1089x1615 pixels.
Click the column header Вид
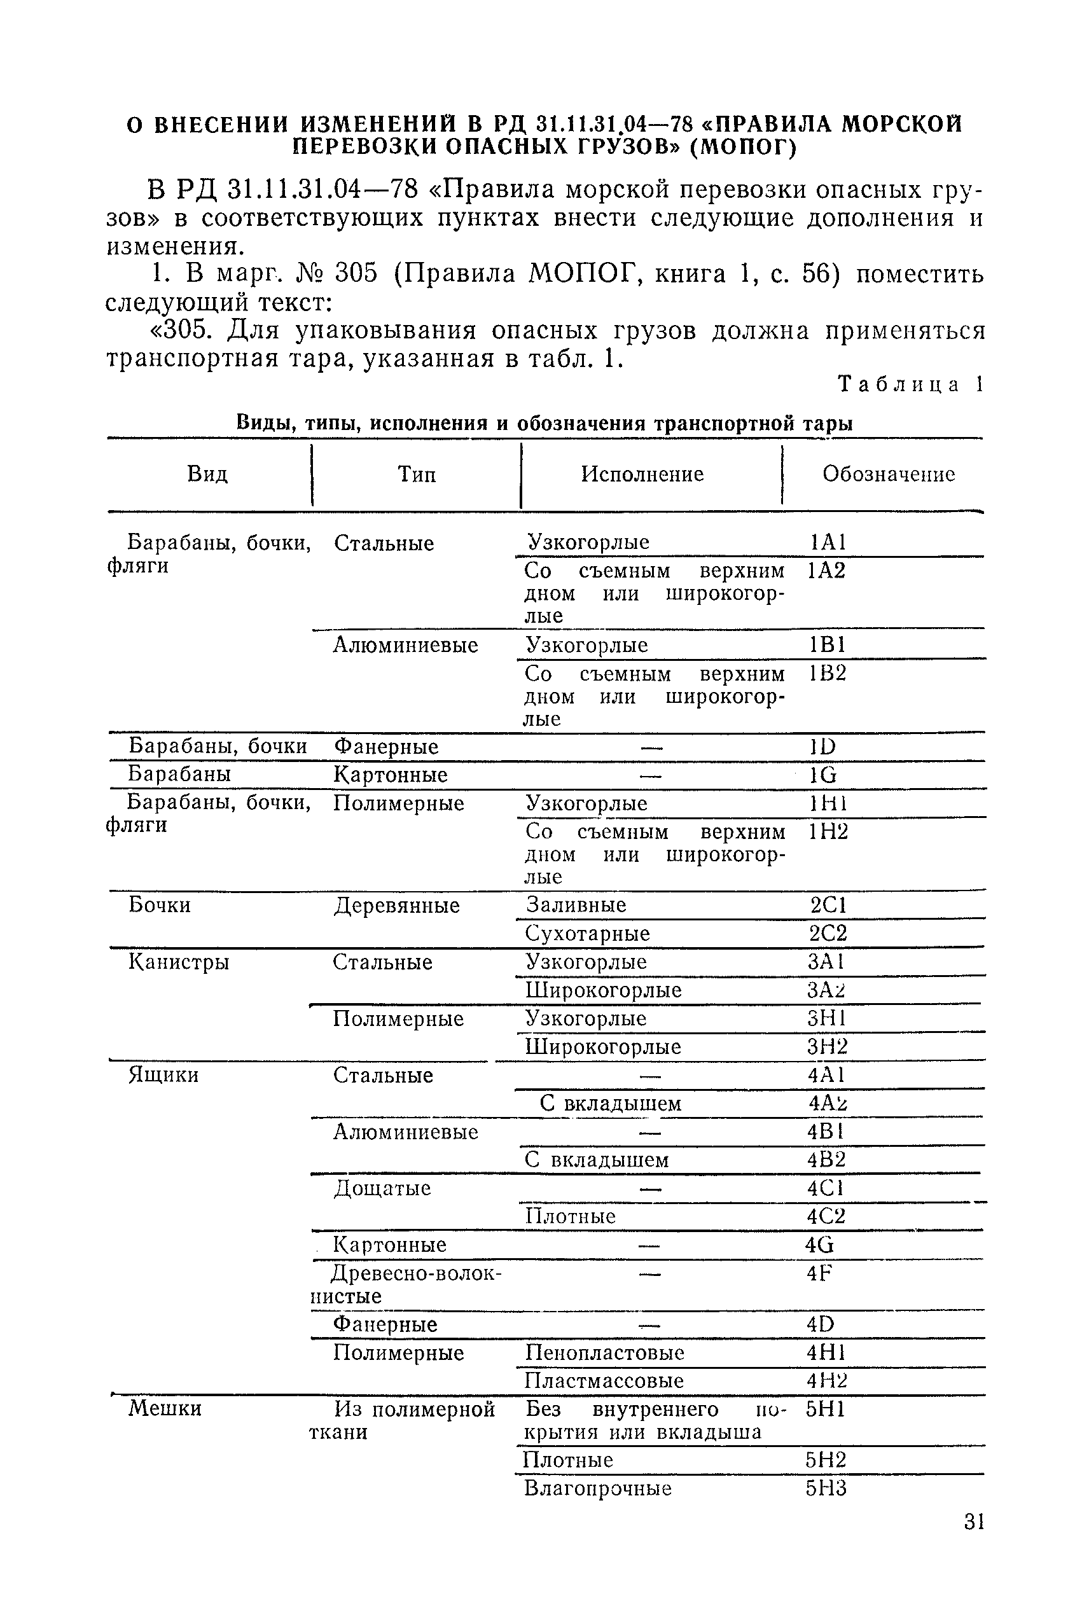tap(207, 475)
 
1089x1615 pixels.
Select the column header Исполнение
tap(642, 475)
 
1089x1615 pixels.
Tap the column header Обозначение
tap(888, 475)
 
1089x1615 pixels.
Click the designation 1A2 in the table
tap(826, 571)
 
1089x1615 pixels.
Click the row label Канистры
tap(179, 962)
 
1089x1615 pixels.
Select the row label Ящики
tap(164, 1075)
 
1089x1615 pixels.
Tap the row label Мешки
tap(165, 1408)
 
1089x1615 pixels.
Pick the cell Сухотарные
tap(588, 934)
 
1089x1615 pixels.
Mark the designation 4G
tap(819, 1245)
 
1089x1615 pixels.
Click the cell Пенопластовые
tap(604, 1352)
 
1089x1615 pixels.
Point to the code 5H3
tap(826, 1488)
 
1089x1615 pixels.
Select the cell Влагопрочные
tap(597, 1488)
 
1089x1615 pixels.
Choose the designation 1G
tap(823, 775)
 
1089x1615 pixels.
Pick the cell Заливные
tap(576, 905)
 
